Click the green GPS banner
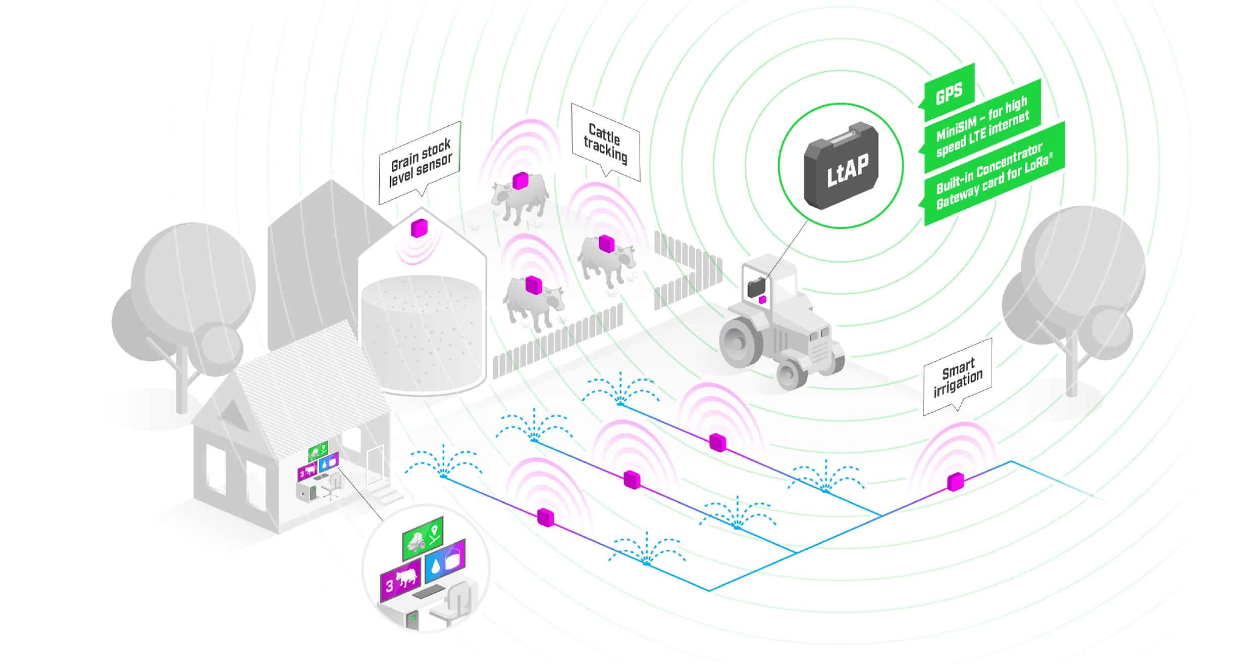click(948, 92)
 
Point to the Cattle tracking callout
click(605, 143)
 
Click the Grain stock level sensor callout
click(420, 163)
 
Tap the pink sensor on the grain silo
click(419, 228)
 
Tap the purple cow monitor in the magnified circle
click(400, 581)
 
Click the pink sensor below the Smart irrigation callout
click(955, 482)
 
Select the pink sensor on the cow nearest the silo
click(534, 284)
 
